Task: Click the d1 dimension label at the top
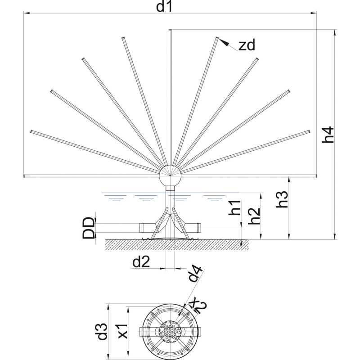tap(164, 6)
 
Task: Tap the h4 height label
tap(328, 135)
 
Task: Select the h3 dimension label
tap(282, 199)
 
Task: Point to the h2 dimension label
tap(254, 216)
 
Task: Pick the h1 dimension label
tap(234, 208)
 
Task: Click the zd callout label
tap(247, 45)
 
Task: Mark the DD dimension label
tap(88, 228)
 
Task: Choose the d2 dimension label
tap(141, 262)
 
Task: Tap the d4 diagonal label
tap(195, 273)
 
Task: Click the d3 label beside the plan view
tap(101, 331)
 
